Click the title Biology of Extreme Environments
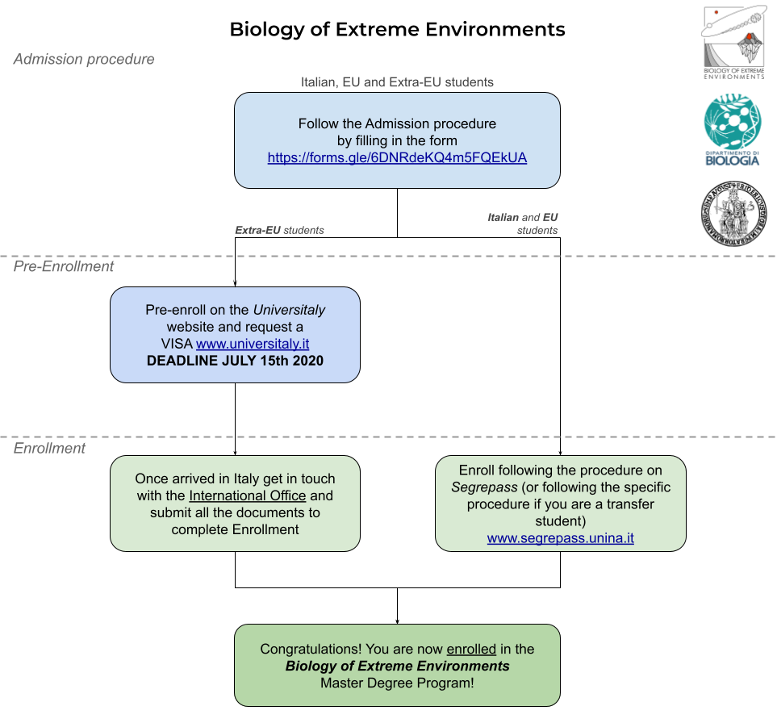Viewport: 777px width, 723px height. [x=397, y=30]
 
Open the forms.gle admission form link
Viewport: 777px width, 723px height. [x=397, y=157]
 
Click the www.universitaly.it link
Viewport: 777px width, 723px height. [x=253, y=344]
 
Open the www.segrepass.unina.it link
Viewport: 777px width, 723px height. [x=561, y=538]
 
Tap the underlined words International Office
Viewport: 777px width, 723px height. [x=247, y=495]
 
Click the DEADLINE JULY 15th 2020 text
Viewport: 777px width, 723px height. [x=235, y=361]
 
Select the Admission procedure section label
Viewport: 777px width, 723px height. [x=84, y=60]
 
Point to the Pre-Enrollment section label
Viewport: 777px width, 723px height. [x=64, y=266]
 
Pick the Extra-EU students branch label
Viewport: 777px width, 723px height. [x=279, y=231]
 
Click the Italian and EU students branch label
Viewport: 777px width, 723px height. [x=522, y=224]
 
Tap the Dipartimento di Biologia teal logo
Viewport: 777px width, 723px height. [x=733, y=130]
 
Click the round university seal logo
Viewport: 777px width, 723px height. [x=734, y=213]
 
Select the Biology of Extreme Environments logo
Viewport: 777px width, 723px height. [x=734, y=43]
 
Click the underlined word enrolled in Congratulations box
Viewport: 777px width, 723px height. [x=471, y=649]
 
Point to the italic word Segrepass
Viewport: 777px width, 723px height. [x=484, y=487]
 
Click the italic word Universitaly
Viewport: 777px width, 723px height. [x=289, y=310]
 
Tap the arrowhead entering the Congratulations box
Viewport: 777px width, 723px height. [x=398, y=621]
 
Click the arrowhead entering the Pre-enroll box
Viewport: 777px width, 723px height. [x=236, y=284]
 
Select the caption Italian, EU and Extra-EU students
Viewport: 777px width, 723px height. [x=397, y=82]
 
